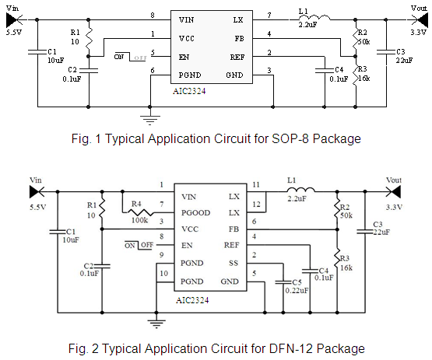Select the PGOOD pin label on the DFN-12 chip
[195, 213]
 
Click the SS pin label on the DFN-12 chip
[234, 263]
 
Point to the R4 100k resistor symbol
[140, 212]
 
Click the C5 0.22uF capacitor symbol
[283, 282]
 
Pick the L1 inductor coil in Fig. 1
[314, 18]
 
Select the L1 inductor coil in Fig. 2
[300, 190]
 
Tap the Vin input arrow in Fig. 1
[14, 19]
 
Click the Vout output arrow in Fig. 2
[393, 191]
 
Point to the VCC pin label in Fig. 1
[187, 39]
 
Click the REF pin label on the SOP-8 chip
[237, 58]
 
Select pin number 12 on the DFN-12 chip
[256, 204]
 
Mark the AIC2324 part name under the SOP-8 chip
[189, 91]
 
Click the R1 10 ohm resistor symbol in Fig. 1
[89, 39]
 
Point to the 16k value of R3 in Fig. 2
[346, 267]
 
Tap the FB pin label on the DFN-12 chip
[234, 229]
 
